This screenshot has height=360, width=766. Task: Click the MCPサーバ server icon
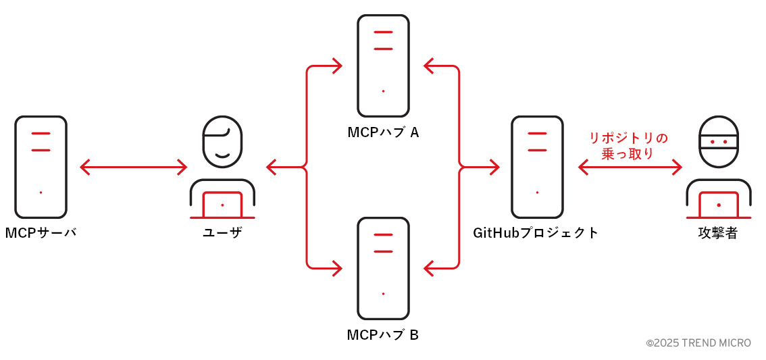pyautogui.click(x=41, y=166)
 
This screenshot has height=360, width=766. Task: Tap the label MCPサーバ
pyautogui.click(x=41, y=233)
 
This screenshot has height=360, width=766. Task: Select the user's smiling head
pyautogui.click(x=222, y=141)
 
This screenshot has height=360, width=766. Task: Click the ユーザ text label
pyautogui.click(x=222, y=233)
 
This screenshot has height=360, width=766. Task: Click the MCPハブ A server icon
pyautogui.click(x=383, y=66)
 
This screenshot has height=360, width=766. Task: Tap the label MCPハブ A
pyautogui.click(x=383, y=132)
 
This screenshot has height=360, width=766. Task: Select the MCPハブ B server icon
pyautogui.click(x=383, y=268)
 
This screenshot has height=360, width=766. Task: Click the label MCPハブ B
pyautogui.click(x=383, y=335)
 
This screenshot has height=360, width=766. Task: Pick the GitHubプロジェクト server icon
pyautogui.click(x=537, y=166)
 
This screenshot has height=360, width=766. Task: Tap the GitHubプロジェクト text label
pyautogui.click(x=536, y=233)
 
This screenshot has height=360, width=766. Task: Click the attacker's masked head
pyautogui.click(x=718, y=141)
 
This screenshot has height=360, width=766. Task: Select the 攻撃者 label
pyautogui.click(x=718, y=234)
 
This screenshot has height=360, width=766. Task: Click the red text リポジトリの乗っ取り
pyautogui.click(x=628, y=146)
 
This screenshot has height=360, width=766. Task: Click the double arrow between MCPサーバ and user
pyautogui.click(x=133, y=167)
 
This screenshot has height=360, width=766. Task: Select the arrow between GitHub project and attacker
pyautogui.click(x=630, y=167)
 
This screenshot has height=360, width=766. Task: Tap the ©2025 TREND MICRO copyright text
pyautogui.click(x=698, y=343)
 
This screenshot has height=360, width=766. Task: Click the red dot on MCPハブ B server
pyautogui.click(x=383, y=293)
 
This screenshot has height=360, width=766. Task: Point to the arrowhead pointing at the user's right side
pyautogui.click(x=272, y=167)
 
